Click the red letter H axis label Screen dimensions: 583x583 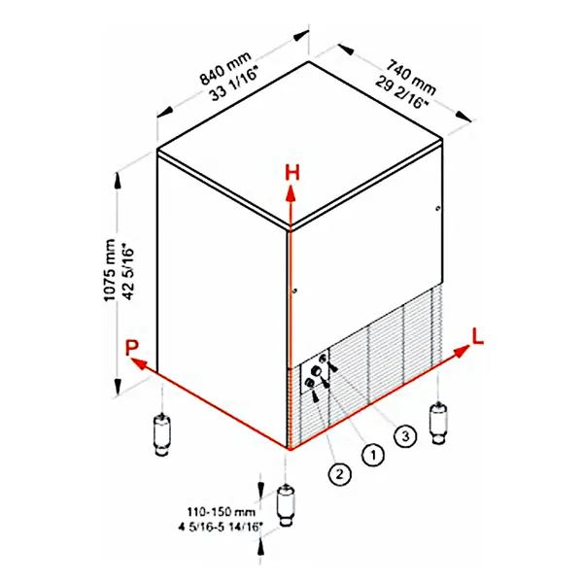(290, 173)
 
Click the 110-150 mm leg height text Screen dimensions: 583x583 (223, 510)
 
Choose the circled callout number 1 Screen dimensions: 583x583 (370, 453)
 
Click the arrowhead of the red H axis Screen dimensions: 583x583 (290, 190)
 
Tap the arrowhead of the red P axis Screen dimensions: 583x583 (137, 363)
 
